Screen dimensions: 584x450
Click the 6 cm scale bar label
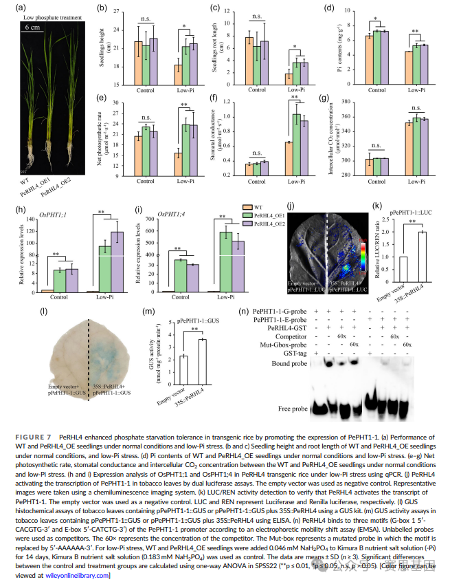(x=32, y=27)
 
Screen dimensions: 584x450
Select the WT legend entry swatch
(x=248, y=205)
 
